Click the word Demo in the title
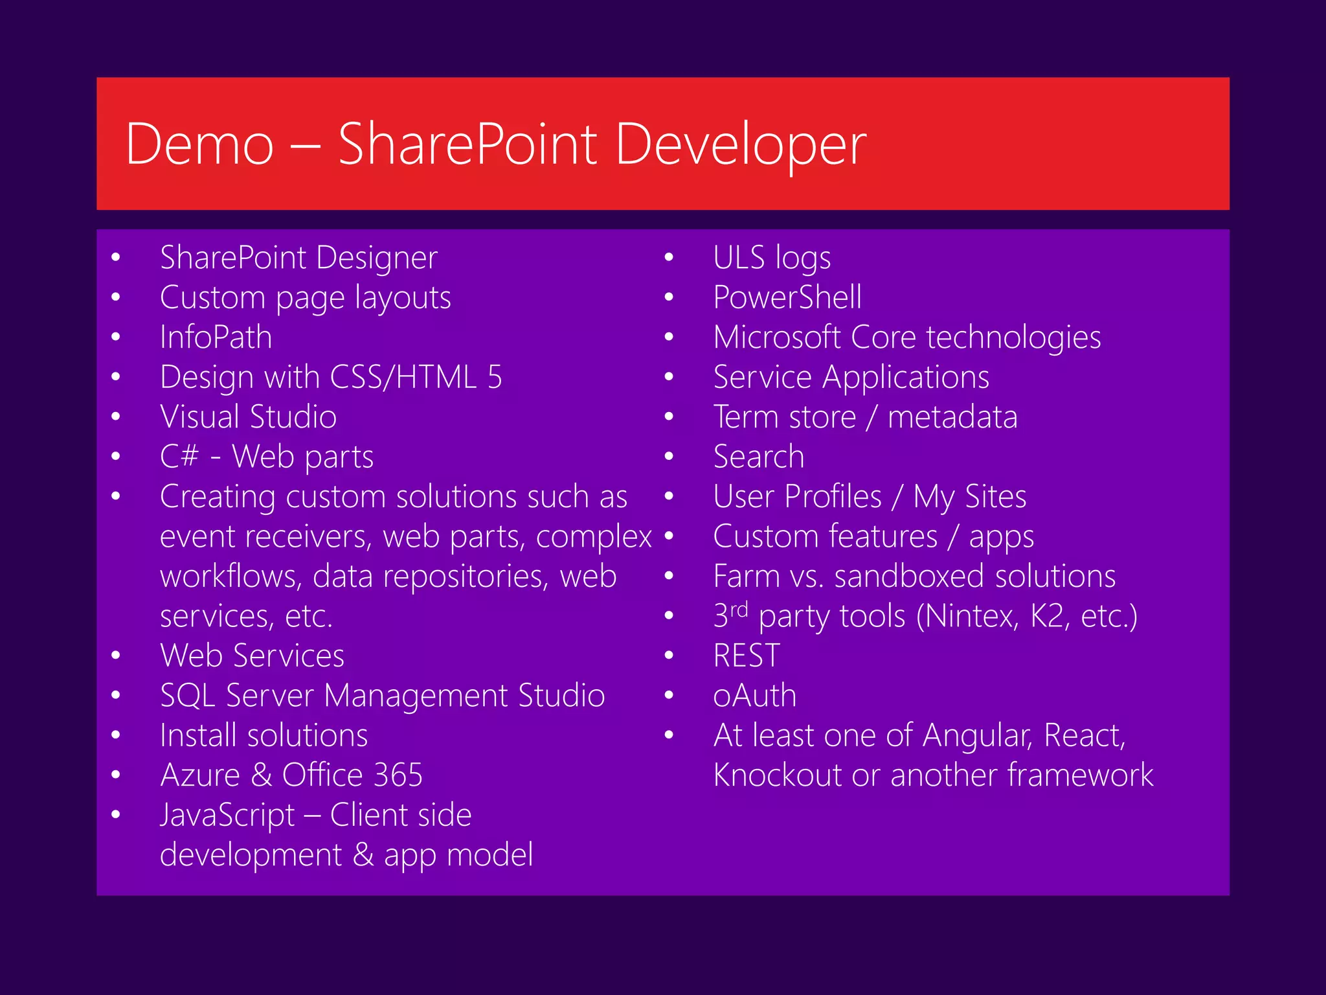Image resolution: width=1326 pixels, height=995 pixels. (199, 144)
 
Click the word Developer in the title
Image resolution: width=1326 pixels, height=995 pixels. (741, 144)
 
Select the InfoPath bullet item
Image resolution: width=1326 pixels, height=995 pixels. (216, 337)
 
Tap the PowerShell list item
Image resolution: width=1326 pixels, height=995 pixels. (787, 298)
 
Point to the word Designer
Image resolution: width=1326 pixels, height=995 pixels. (377, 258)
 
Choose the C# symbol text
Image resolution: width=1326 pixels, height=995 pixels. (179, 456)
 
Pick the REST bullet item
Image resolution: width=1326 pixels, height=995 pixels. (747, 656)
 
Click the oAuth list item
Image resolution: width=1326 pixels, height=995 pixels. (754, 696)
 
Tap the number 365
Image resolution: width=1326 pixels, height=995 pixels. (398, 775)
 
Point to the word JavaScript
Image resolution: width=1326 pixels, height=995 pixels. (227, 816)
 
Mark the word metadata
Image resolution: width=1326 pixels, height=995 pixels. (952, 417)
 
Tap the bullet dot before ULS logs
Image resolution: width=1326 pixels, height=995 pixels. (669, 258)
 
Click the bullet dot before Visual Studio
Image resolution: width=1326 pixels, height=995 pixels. (116, 417)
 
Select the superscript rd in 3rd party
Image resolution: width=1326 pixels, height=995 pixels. (739, 609)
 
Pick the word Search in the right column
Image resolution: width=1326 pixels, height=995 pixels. (759, 457)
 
